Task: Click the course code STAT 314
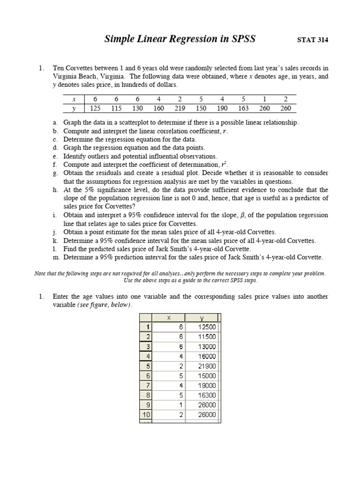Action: [x=313, y=40]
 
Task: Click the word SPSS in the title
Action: [x=240, y=39]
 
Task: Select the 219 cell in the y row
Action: [x=180, y=108]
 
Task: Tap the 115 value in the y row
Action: [x=116, y=108]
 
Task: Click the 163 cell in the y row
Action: [x=244, y=108]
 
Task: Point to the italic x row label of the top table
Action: [x=74, y=99]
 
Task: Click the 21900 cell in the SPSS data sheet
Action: [x=206, y=366]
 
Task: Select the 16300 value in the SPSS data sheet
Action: [x=206, y=395]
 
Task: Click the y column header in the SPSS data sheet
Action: [x=203, y=318]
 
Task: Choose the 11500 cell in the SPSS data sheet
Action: [x=206, y=337]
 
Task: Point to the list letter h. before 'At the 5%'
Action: [x=56, y=190]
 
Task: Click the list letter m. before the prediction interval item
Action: [x=56, y=257]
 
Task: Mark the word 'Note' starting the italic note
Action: [x=41, y=273]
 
